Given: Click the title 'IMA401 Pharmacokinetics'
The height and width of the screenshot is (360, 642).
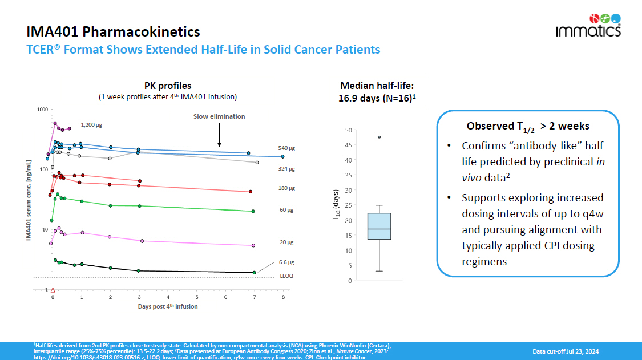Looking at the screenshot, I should click(113, 31).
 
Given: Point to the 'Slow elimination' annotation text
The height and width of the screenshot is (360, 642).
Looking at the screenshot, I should click(219, 116).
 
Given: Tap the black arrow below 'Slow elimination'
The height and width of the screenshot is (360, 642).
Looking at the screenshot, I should click(220, 137).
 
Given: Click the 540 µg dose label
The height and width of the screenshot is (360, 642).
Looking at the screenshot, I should click(286, 148).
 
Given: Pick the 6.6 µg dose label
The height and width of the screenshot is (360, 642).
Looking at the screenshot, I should click(286, 262).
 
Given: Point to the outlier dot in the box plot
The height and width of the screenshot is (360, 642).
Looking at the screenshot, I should click(379, 137).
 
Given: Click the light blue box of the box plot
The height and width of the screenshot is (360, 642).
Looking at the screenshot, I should click(379, 226).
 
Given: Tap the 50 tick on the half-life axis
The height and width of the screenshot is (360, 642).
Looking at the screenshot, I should click(348, 130).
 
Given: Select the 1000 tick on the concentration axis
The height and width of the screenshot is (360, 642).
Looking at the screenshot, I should click(42, 110).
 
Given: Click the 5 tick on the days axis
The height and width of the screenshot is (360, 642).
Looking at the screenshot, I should click(197, 297).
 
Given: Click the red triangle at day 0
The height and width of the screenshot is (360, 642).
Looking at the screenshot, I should click(53, 290).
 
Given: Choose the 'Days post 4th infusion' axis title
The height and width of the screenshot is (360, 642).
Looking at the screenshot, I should click(167, 306).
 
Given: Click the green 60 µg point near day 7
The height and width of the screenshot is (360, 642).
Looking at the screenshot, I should click(253, 211).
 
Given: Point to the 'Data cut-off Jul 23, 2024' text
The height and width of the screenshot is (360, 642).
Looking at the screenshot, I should click(566, 351).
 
